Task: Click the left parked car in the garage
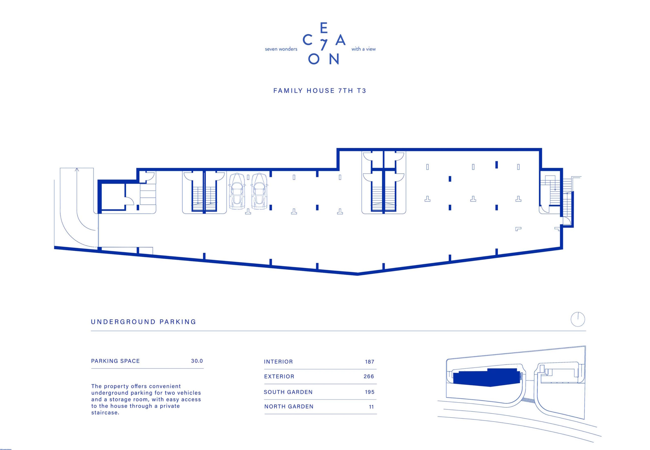point(237,191)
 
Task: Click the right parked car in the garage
point(259,191)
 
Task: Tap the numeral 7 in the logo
point(324,44)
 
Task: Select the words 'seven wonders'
point(281,49)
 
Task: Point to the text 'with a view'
point(364,49)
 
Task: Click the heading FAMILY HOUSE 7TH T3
point(319,91)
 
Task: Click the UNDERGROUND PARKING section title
point(143,322)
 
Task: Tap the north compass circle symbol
point(578,320)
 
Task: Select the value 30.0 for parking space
point(197,361)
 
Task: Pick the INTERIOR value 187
point(369,362)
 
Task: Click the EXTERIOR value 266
point(369,376)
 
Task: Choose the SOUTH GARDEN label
point(288,392)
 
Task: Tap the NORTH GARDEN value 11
point(371,407)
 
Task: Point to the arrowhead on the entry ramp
point(77,170)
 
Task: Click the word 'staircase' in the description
point(105,413)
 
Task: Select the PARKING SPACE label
point(115,361)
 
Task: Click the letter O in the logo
point(314,59)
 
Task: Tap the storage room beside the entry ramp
point(113,196)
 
